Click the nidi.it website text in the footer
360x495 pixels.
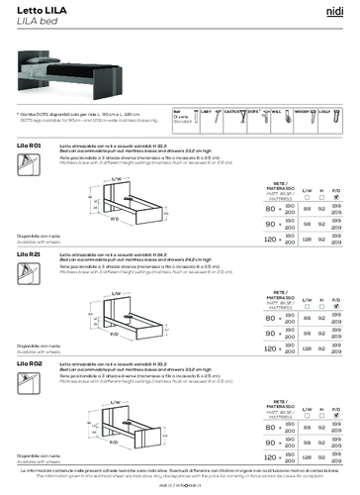[179, 487]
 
